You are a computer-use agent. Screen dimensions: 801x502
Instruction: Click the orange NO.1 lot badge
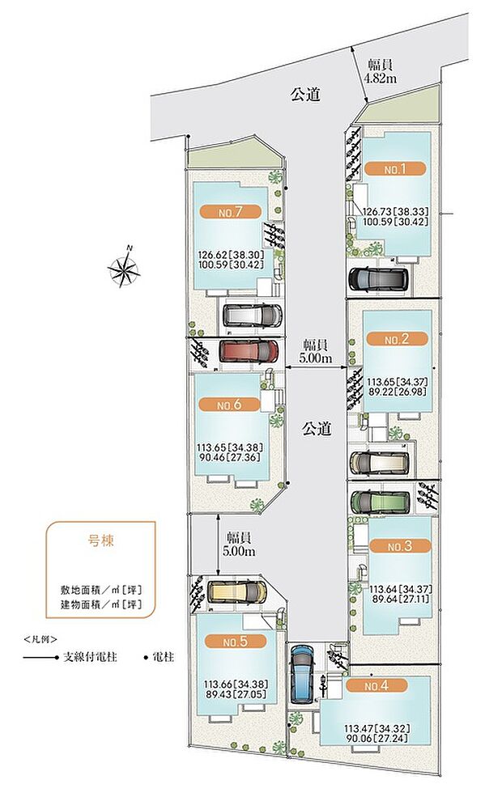point(394,169)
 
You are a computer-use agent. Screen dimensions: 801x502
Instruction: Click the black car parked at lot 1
point(378,279)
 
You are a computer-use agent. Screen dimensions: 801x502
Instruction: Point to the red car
point(249,350)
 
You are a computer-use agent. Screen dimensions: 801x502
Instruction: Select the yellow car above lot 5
point(236,591)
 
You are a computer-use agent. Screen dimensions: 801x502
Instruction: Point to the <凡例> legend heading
point(40,638)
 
